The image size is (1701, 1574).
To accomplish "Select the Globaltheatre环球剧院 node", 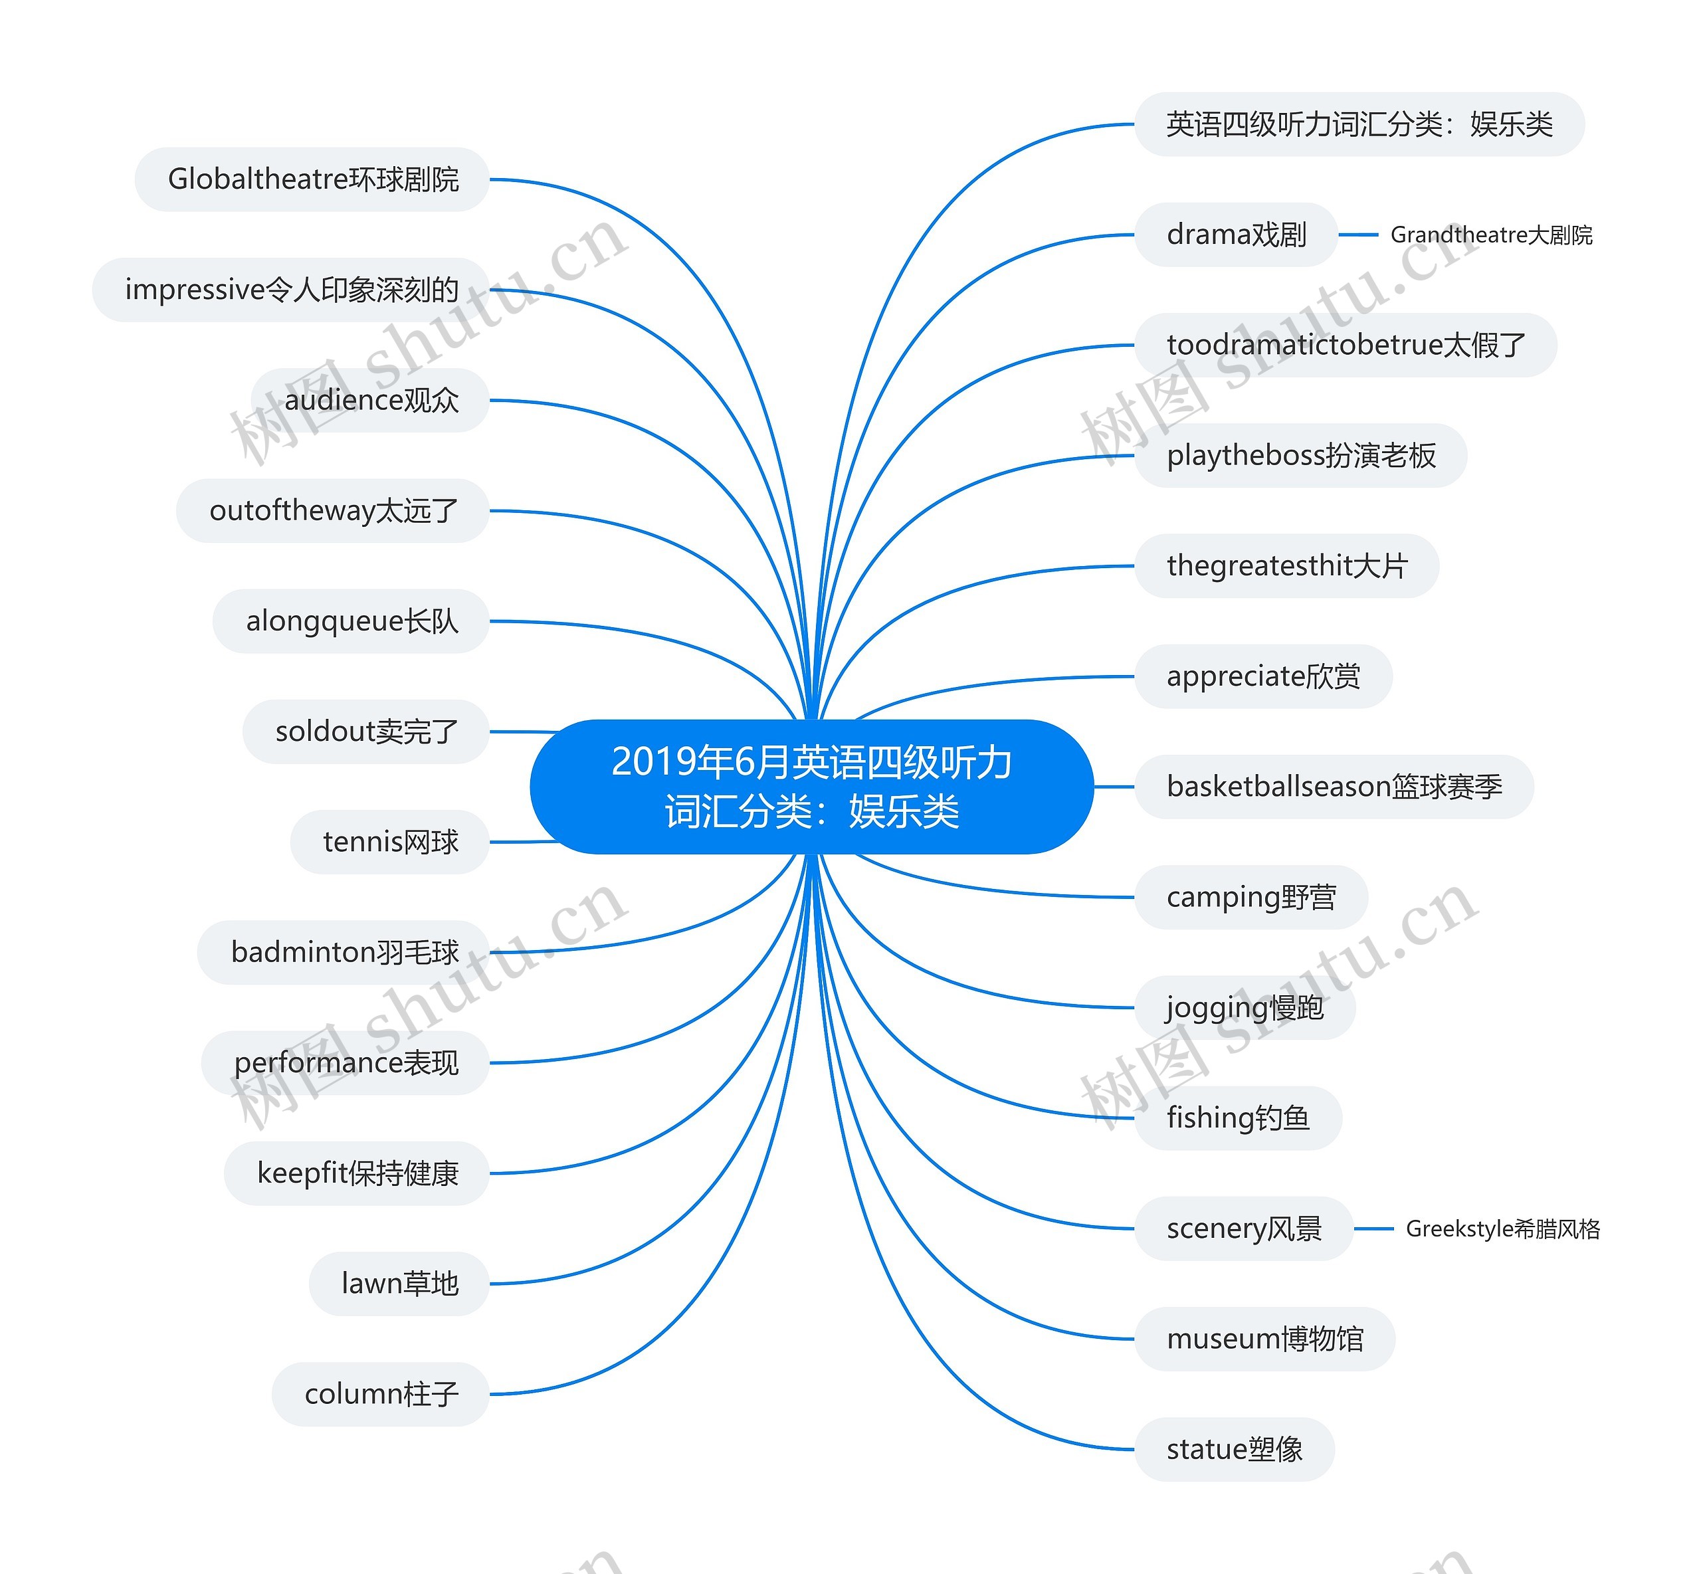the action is coord(312,179).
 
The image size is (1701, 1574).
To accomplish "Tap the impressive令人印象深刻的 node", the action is coord(291,290).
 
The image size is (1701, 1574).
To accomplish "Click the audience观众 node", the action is coord(371,401).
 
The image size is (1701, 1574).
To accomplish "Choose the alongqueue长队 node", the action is coord(351,621).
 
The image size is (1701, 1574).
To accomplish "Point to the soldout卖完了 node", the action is coord(366,732).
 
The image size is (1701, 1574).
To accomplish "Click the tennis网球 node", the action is coord(390,842).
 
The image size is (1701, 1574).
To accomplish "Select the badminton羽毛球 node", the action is coord(344,952).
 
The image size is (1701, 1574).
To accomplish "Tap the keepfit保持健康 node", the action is coord(357,1173).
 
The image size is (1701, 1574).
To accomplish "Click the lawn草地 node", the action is coord(399,1284).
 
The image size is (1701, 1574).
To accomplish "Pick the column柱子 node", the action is coord(381,1393).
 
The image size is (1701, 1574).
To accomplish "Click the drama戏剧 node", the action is coord(1236,235).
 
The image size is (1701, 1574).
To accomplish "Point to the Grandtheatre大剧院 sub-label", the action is coord(1490,235).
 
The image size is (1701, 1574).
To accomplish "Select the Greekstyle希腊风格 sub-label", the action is coord(1502,1229).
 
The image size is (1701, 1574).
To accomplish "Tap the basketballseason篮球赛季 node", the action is coord(1334,786).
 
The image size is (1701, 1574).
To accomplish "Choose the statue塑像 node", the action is coord(1235,1449).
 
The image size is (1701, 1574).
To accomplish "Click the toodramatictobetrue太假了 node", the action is coord(1346,345).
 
